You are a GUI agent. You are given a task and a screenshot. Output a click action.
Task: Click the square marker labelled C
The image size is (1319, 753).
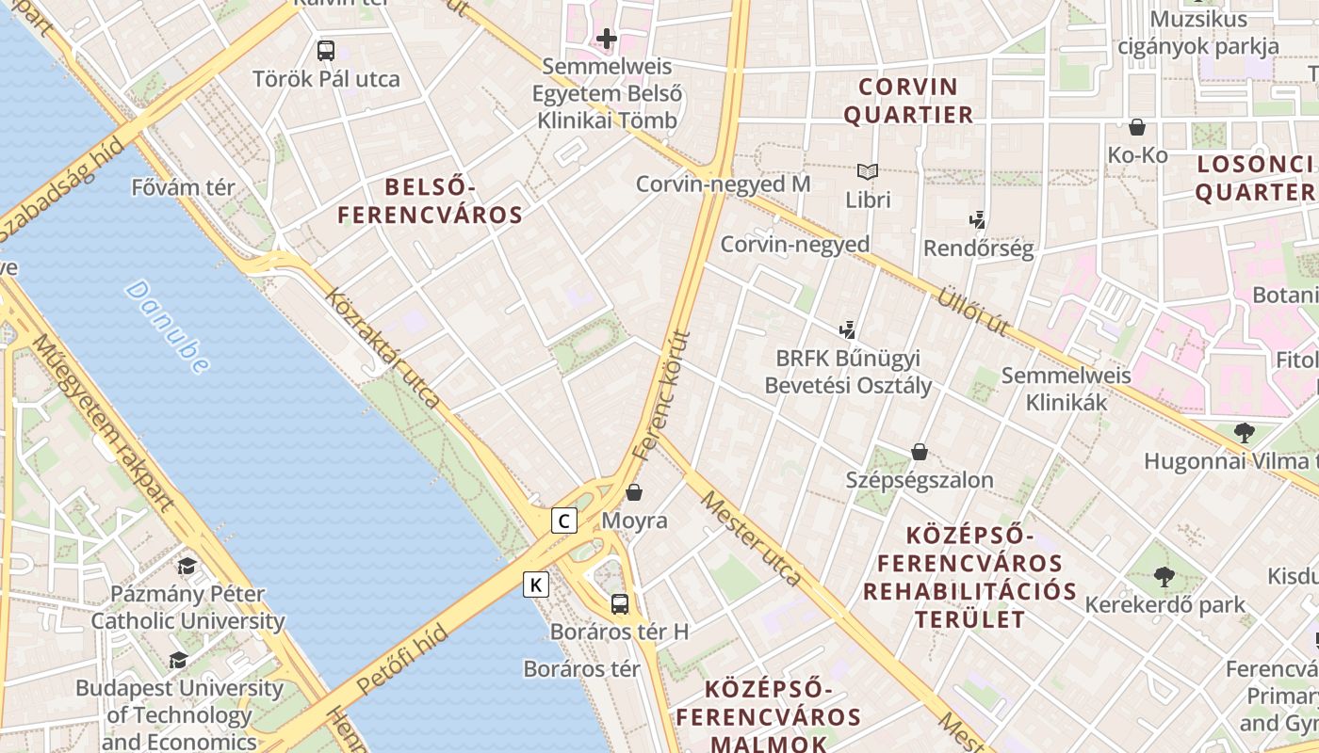pyautogui.click(x=563, y=521)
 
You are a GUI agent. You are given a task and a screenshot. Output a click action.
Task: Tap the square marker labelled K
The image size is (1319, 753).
pyautogui.click(x=536, y=585)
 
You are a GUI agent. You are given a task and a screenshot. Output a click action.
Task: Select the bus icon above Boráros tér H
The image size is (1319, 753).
pyautogui.click(x=619, y=604)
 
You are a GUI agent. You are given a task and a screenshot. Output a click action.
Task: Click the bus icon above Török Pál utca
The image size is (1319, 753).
pyautogui.click(x=326, y=51)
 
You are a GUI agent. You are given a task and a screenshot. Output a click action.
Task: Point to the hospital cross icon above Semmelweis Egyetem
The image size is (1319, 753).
pyautogui.click(x=607, y=40)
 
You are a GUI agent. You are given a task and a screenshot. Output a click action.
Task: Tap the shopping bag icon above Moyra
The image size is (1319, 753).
pyautogui.click(x=634, y=492)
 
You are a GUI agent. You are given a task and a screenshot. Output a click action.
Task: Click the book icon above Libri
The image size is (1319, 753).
pyautogui.click(x=868, y=172)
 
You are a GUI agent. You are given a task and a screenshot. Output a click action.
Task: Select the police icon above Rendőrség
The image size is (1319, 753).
pyautogui.click(x=978, y=220)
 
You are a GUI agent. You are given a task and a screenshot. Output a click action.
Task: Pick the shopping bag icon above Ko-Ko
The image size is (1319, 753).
pyautogui.click(x=1137, y=127)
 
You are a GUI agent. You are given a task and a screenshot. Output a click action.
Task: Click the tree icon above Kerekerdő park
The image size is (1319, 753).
pyautogui.click(x=1164, y=576)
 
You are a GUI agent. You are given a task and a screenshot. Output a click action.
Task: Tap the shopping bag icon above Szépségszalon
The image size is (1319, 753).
pyautogui.click(x=920, y=453)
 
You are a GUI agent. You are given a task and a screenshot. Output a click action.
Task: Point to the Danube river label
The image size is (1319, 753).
pyautogui.click(x=167, y=327)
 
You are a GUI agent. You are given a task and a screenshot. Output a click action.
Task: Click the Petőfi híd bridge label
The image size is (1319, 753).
pyautogui.click(x=403, y=660)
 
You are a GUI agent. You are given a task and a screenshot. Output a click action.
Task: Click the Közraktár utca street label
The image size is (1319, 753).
pyautogui.click(x=382, y=348)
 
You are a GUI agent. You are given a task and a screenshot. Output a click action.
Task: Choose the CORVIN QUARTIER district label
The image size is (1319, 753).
pyautogui.click(x=908, y=101)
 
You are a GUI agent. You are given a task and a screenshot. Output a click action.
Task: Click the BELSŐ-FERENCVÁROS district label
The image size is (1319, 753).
pyautogui.click(x=430, y=200)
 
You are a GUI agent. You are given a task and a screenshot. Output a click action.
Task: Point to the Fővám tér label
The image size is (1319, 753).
pyautogui.click(x=184, y=187)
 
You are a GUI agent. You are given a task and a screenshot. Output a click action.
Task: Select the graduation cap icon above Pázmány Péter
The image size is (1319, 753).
pyautogui.click(x=187, y=566)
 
